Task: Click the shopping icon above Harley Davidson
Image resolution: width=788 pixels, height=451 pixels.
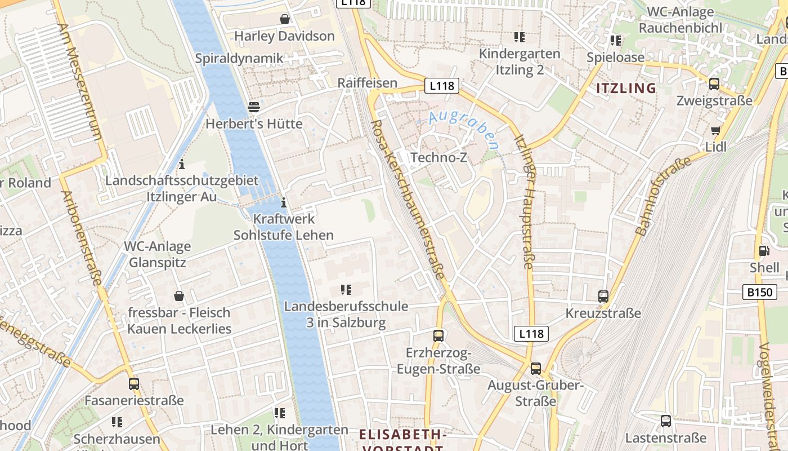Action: [285, 20]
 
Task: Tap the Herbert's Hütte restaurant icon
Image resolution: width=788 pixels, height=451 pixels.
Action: [254, 107]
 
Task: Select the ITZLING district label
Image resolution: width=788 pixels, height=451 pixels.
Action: [626, 88]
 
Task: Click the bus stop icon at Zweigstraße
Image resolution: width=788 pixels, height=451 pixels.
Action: [714, 84]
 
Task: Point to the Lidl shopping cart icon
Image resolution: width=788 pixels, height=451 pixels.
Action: [715, 131]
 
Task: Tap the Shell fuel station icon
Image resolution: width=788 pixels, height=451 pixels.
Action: [764, 251]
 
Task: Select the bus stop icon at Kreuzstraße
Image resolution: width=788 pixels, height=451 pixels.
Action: [603, 297]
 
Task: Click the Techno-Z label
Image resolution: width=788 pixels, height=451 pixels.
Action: [438, 157]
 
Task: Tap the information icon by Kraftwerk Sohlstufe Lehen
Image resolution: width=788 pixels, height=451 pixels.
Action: [283, 202]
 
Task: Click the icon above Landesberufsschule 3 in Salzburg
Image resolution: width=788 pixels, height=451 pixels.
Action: [346, 290]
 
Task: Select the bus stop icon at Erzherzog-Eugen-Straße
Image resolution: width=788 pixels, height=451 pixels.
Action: [438, 336]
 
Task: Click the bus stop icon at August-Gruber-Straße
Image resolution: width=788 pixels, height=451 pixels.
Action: [535, 369]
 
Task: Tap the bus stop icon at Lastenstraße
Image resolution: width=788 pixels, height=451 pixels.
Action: [665, 421]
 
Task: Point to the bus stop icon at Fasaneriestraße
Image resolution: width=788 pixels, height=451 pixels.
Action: [134, 384]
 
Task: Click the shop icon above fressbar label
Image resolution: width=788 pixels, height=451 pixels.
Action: [179, 296]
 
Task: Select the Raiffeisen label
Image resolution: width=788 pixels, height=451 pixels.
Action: [367, 83]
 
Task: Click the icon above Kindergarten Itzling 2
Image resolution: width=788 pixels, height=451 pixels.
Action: [519, 37]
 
